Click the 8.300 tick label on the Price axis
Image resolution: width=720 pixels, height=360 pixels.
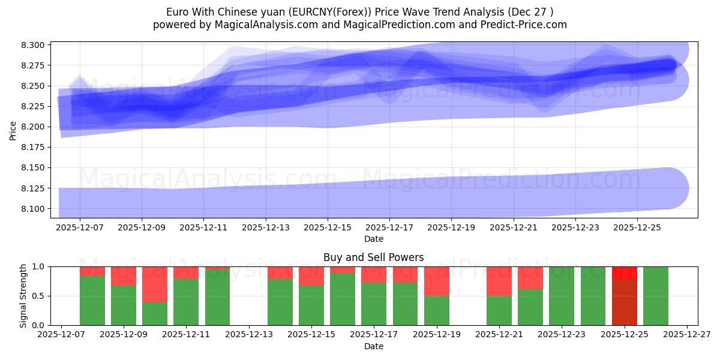tap(32, 45)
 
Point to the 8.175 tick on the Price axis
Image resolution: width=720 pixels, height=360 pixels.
tap(32, 147)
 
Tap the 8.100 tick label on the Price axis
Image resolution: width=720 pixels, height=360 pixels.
tap(32, 209)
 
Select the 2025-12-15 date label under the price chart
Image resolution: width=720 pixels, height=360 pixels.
tap(328, 228)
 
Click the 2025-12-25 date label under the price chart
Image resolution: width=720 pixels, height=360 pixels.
tap(637, 228)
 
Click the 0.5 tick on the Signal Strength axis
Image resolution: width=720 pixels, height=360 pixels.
tap(40, 296)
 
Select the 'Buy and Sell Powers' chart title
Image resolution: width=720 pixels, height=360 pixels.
tap(373, 257)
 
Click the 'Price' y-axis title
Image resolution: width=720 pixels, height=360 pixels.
tap(13, 130)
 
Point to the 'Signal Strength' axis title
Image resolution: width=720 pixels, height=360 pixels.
tap(23, 296)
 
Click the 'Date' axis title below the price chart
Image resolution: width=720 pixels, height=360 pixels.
tap(373, 239)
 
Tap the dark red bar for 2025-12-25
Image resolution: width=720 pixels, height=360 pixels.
tap(625, 301)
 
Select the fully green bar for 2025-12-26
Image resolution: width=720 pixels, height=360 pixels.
tap(656, 296)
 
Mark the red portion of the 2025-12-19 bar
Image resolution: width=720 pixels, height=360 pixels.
tap(437, 281)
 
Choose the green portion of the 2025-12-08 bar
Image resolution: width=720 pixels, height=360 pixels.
tap(92, 300)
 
